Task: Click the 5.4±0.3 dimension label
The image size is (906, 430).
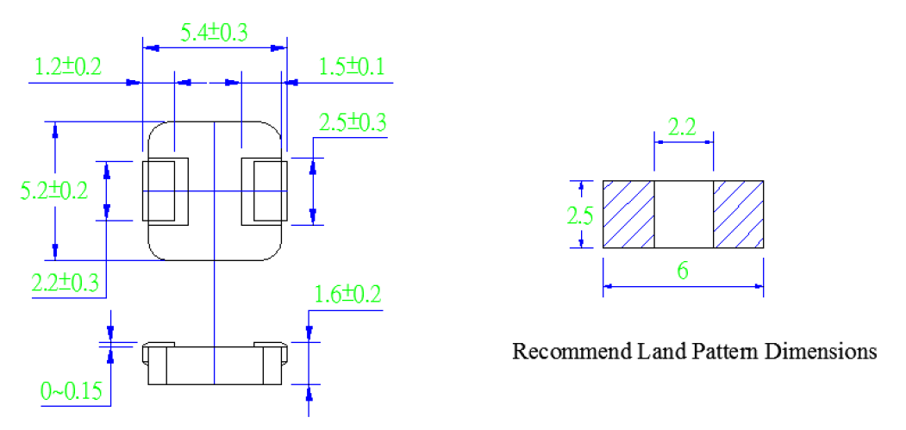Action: (x=214, y=33)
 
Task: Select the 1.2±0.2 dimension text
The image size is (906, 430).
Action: (x=68, y=67)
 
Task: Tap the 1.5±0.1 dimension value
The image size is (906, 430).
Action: (x=352, y=67)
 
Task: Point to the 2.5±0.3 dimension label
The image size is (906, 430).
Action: (x=353, y=123)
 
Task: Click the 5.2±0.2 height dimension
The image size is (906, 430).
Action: (x=54, y=190)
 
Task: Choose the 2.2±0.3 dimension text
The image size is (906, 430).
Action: (x=65, y=284)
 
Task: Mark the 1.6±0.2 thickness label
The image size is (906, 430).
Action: (x=347, y=295)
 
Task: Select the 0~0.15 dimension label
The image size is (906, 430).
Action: (x=72, y=391)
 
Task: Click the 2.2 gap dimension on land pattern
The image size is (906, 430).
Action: (x=683, y=128)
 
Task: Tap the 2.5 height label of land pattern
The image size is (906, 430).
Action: (x=579, y=216)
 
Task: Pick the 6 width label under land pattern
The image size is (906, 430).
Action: (x=683, y=271)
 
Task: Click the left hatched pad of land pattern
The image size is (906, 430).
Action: (x=628, y=214)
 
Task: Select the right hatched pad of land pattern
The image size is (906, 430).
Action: (x=739, y=214)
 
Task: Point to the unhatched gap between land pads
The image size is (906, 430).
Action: (x=684, y=214)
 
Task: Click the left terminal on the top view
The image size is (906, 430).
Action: (x=166, y=191)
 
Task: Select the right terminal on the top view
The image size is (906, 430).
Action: (x=264, y=191)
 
